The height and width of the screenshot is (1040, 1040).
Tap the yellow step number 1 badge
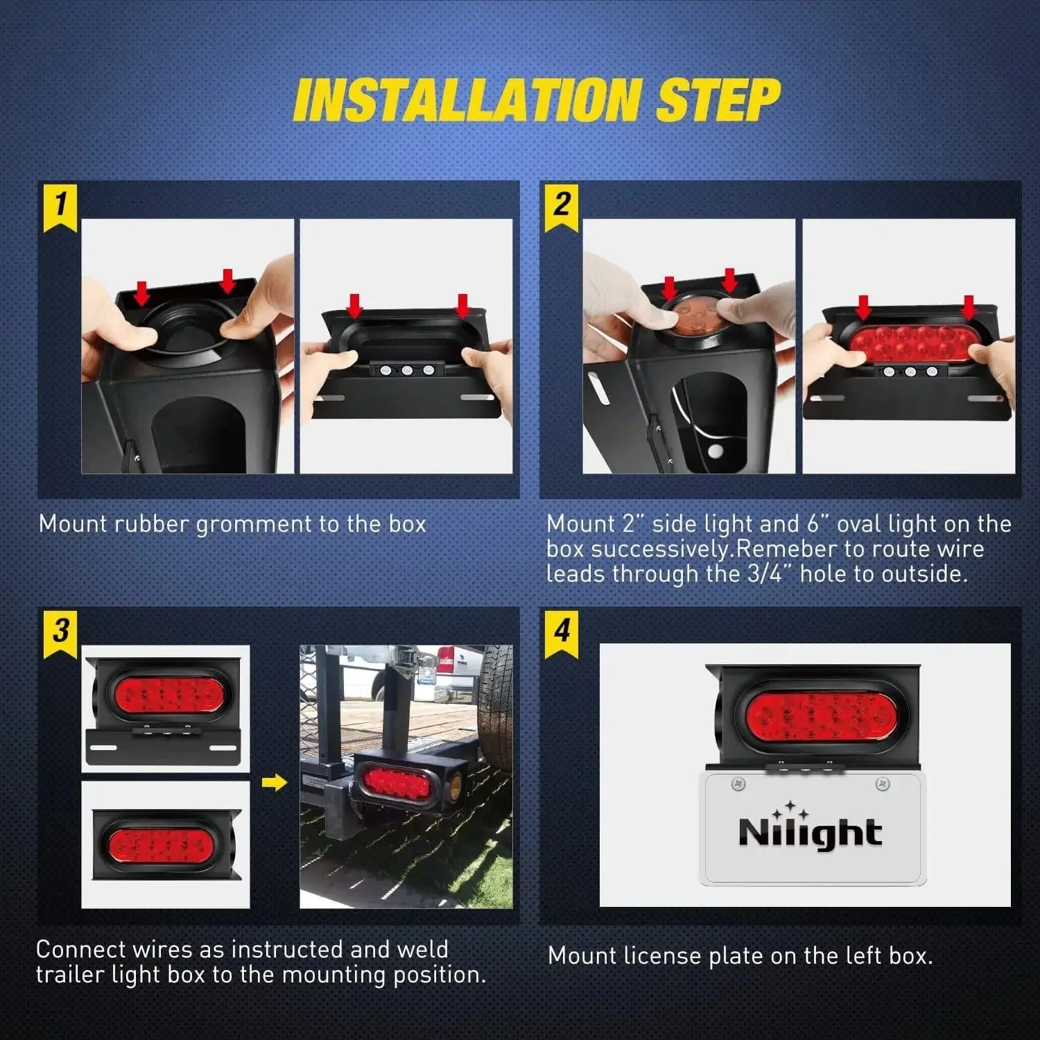tap(60, 206)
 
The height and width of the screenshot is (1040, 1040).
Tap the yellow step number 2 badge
tap(562, 206)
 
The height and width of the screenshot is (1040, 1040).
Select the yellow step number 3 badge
tap(60, 632)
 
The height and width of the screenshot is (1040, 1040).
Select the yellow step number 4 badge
tap(562, 632)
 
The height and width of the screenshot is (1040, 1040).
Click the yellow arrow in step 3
tap(275, 783)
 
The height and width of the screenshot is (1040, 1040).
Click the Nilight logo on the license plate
tap(810, 831)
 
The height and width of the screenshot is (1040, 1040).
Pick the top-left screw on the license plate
tap(738, 784)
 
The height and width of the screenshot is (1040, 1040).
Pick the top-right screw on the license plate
tap(883, 784)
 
